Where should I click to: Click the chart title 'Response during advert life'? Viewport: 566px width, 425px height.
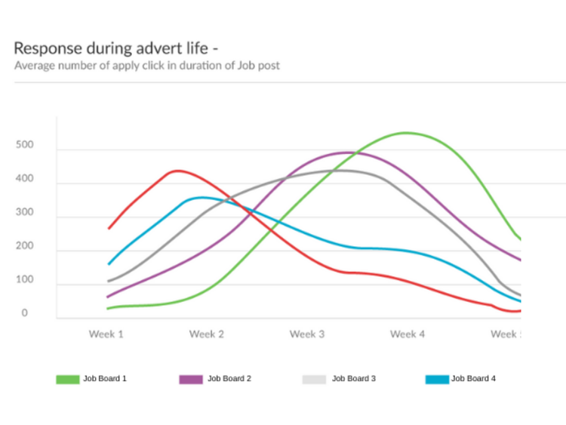116,48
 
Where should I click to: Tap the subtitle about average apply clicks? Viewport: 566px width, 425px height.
147,66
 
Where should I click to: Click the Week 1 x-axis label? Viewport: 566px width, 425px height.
106,334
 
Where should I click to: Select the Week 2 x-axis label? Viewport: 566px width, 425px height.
206,334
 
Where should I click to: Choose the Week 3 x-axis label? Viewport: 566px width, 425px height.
306,334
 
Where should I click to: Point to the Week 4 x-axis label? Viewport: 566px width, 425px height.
407,334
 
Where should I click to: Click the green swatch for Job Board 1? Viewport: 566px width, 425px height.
67,379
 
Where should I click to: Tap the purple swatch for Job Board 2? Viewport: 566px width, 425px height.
191,379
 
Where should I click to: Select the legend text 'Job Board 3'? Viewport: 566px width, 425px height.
353,378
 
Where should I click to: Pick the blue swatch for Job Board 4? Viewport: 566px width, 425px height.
438,379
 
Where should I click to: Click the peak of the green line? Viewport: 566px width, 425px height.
408,133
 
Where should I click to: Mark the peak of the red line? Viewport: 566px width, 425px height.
177,171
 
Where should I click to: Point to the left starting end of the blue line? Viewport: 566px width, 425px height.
109,264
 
